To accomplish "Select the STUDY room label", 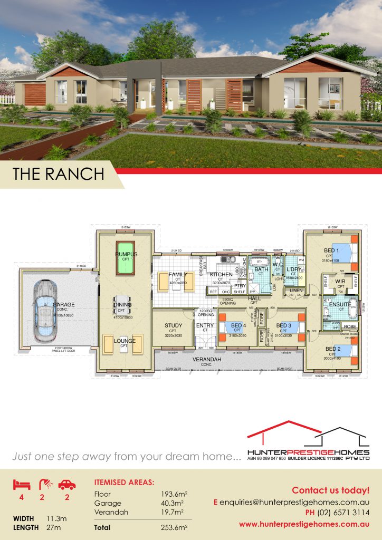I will [x=173, y=325].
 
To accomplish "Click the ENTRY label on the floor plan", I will [x=205, y=325].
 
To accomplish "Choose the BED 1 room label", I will [x=332, y=250].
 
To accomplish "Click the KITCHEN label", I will [x=221, y=275].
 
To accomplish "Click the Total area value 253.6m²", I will [x=174, y=526].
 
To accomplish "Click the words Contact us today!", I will [x=330, y=490].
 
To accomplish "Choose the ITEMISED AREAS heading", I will [x=124, y=482].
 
